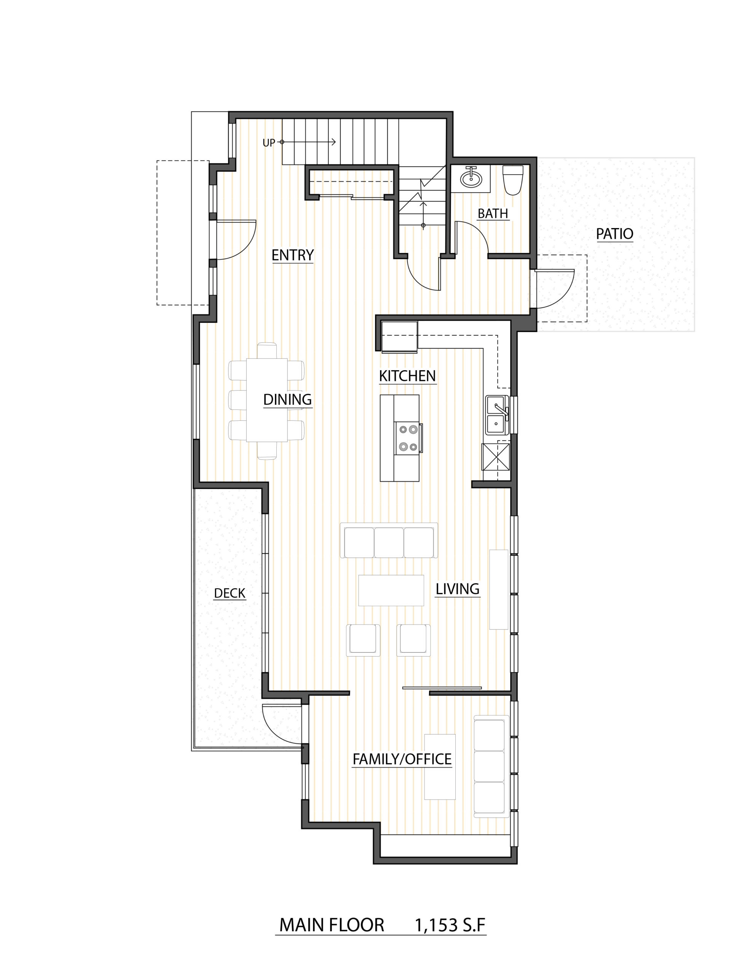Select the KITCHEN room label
(x=407, y=376)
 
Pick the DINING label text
(x=287, y=399)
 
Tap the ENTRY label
(x=293, y=255)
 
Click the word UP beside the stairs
(x=269, y=143)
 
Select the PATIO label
(x=615, y=233)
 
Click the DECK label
(x=230, y=593)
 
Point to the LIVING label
(x=458, y=589)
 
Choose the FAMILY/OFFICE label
(x=402, y=759)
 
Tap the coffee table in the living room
(x=391, y=590)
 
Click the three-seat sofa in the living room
(x=389, y=540)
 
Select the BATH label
(x=493, y=213)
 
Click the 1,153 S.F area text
(x=450, y=925)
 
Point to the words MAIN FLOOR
(x=332, y=925)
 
